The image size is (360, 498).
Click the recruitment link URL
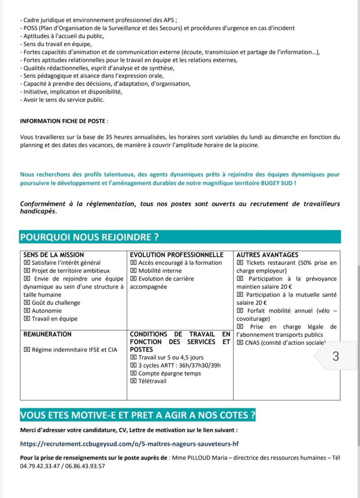pos(129,444)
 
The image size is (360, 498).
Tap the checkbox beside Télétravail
pos(133,381)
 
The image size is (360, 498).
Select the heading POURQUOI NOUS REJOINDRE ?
pos(89,237)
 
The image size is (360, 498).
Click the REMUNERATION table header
pos(47,334)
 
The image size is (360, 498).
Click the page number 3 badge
pos(336,356)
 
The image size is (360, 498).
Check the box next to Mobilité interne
pos(133,271)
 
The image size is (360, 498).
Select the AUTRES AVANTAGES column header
pos(267,255)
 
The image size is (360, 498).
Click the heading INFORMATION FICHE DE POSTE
pos(64,121)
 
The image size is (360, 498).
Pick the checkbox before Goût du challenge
pos(27,303)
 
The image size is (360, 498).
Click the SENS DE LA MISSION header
pos(54,255)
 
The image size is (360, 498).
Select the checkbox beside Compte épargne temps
pos(133,373)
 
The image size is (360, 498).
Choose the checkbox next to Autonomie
pos(27,311)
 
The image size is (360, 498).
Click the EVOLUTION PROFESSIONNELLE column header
pos(176,255)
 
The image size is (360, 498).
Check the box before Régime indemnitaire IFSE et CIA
pos(27,350)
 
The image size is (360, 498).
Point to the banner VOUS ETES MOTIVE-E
pos(137,415)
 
